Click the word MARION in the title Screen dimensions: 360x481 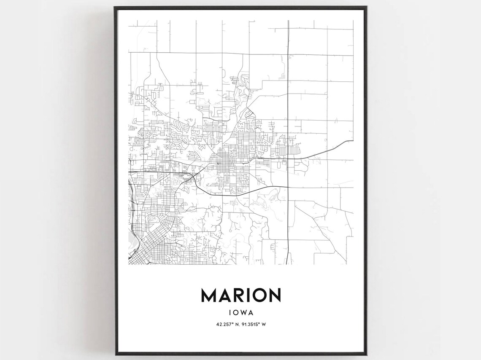240,295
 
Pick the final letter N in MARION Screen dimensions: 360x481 274,295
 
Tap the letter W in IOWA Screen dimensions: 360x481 244,312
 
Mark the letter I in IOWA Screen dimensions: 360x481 230,312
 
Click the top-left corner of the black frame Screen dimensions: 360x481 115,7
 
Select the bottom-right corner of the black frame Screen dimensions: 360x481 365,355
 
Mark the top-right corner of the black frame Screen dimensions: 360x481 365,7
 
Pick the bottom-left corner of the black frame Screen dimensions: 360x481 115,355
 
